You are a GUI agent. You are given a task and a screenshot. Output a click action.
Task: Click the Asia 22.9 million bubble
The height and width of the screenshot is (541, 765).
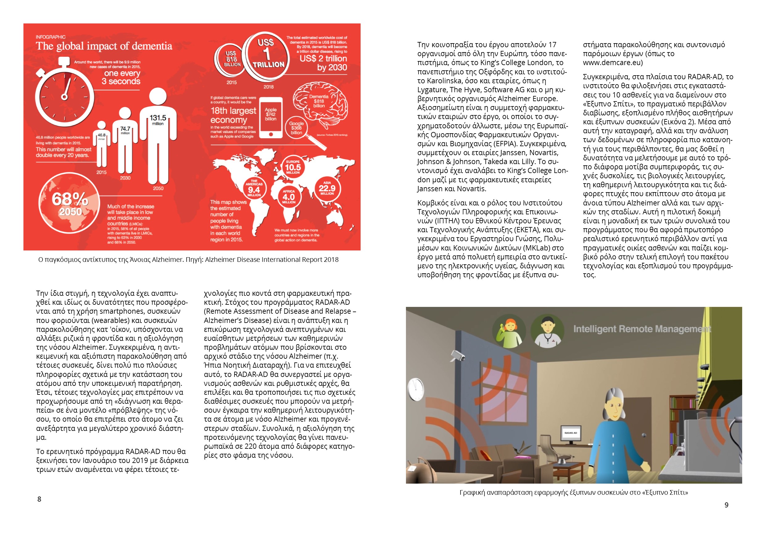[327, 188]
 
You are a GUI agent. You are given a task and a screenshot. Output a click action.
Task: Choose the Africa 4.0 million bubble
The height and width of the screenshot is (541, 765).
[288, 196]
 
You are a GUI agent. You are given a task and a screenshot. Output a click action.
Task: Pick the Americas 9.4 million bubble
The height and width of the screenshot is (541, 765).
[254, 189]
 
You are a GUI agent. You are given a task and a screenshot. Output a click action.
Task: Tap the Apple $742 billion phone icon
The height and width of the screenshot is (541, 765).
[271, 117]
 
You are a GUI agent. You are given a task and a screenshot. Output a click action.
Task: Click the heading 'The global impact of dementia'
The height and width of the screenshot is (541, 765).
[104, 46]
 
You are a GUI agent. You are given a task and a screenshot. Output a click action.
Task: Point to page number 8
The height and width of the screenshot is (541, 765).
[39, 499]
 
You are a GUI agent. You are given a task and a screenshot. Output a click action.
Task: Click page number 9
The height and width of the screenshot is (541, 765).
[726, 505]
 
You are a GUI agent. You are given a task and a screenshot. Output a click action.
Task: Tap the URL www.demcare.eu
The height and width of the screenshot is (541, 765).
[612, 63]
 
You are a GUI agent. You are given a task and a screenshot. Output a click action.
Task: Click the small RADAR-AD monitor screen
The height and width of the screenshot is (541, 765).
[570, 433]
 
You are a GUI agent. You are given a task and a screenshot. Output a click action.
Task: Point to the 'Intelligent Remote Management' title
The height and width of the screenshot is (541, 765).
[642, 329]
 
